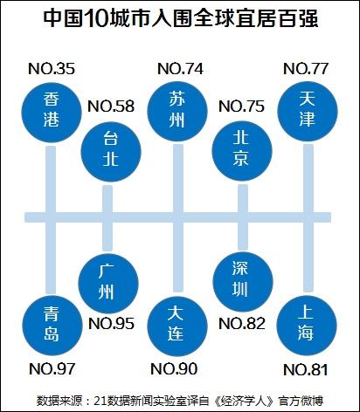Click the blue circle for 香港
[x=52, y=113]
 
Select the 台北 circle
[x=111, y=151]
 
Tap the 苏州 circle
[x=177, y=112]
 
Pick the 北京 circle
[x=241, y=151]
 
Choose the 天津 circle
[x=308, y=112]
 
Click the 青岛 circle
[x=52, y=325]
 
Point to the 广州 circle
[x=108, y=284]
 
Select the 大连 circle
[x=177, y=326]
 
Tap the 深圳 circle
[x=243, y=282]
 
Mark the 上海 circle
[x=307, y=326]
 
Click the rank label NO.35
[x=52, y=69]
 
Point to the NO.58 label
[x=111, y=106]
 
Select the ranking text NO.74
[x=180, y=69]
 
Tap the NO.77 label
[x=306, y=69]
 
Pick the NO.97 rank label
[x=52, y=369]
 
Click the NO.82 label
[x=242, y=324]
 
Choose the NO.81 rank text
[x=306, y=370]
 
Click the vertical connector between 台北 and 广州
[x=107, y=218]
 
